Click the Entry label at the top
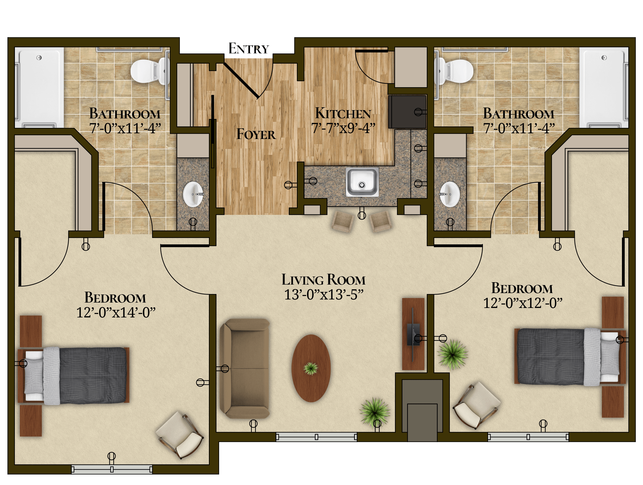tap(249, 48)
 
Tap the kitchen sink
tap(362, 182)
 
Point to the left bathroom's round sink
tap(193, 194)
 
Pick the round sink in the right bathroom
tap(450, 194)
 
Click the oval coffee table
tap(311, 368)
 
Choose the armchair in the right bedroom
tap(477, 405)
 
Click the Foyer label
tap(256, 134)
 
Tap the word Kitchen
tap(343, 113)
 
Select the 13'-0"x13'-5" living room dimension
tap(324, 295)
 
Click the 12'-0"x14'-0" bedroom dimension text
tap(116, 313)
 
